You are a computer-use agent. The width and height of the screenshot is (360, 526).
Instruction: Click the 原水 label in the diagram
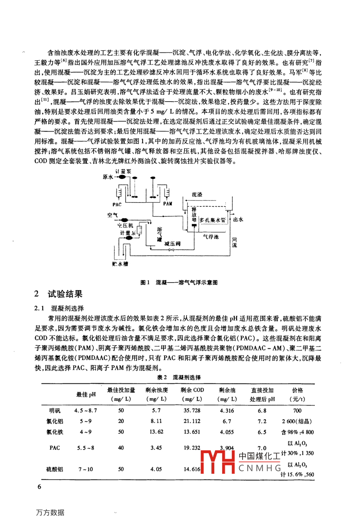(108, 177)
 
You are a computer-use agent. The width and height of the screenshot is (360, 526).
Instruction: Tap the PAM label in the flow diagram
(168, 204)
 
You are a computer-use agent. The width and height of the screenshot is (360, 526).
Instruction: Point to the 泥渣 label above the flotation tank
(196, 194)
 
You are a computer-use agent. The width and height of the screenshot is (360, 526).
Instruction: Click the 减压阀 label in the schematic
(172, 243)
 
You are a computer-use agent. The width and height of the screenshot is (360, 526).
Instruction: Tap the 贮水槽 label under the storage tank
(120, 263)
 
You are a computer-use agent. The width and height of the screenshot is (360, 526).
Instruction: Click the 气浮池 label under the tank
(211, 237)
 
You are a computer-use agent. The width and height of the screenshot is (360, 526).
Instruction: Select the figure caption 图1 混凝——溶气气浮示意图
(179, 282)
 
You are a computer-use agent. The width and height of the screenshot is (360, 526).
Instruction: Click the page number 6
(39, 487)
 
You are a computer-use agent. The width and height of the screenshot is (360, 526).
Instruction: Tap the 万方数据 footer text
(49, 512)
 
